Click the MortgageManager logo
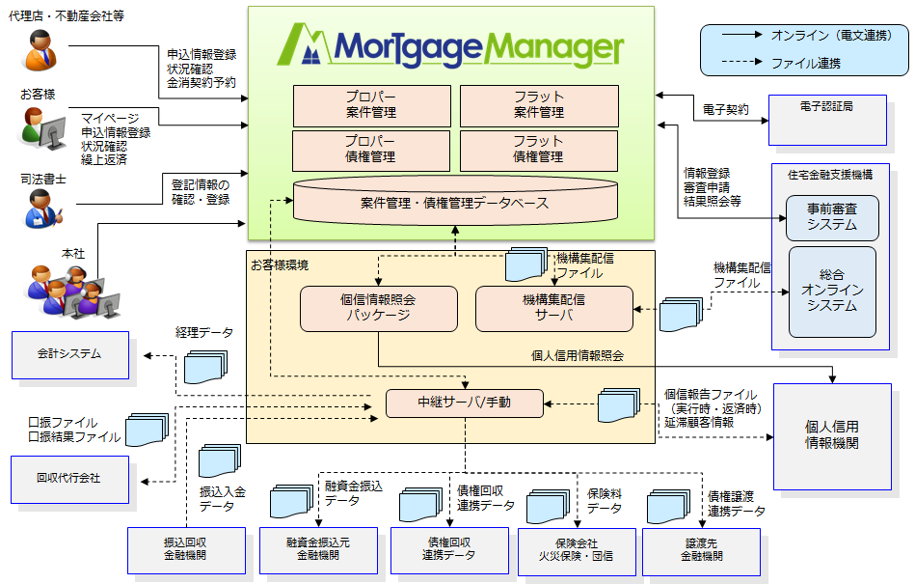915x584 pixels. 451,46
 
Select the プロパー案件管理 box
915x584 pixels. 371,105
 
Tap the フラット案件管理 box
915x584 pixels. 539,105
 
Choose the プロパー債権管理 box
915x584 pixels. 371,150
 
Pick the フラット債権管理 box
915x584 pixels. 539,150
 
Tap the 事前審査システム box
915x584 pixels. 832,218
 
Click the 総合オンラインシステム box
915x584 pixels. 832,292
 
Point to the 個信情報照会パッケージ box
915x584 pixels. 378,308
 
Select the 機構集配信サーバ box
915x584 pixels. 554,308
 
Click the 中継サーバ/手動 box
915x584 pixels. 465,403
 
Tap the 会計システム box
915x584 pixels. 69,354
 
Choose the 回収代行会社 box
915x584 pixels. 69,479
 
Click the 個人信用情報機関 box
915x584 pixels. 832,435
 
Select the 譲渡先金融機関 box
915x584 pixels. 702,550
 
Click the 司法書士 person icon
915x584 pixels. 40,207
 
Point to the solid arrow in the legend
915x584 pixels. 740,36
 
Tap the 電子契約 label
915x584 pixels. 725,110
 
